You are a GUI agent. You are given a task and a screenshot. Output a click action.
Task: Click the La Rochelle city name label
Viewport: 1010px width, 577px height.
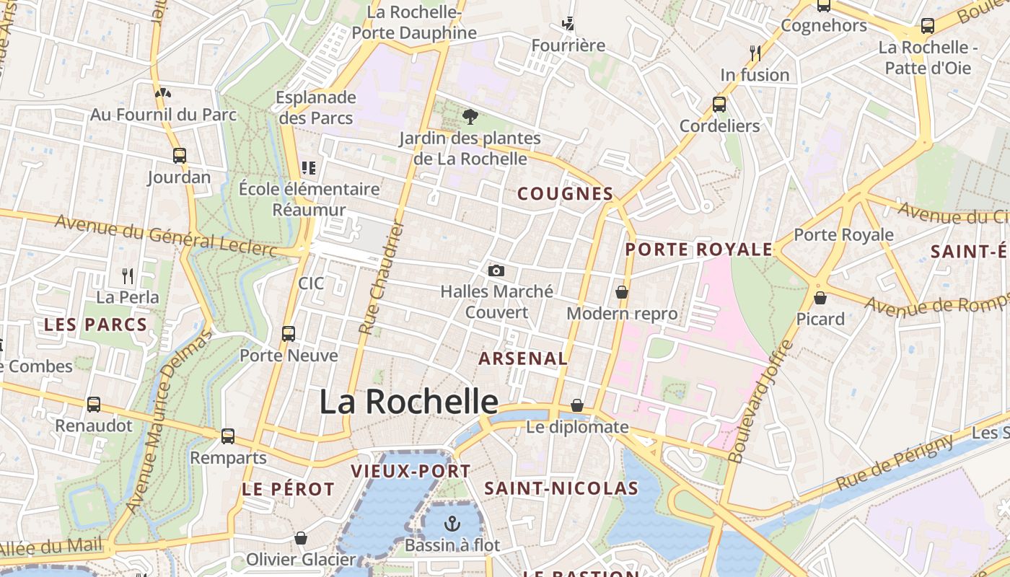pos(408,402)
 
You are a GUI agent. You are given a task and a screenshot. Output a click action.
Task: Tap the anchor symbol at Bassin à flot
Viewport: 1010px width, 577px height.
pos(452,523)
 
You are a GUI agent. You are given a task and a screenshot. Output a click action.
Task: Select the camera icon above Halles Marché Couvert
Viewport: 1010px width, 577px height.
pos(496,270)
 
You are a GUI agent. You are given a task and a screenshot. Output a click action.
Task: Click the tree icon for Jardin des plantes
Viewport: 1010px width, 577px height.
pos(470,116)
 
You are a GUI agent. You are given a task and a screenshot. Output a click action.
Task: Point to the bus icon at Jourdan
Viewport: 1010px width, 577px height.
pos(179,155)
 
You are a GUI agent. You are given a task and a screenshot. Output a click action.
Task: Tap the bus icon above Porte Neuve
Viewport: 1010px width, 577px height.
pos(289,333)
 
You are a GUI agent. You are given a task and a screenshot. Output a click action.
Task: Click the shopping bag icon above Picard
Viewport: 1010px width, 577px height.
pos(820,297)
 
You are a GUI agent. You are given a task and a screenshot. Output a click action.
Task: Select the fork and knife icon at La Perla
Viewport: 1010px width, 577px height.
pos(128,276)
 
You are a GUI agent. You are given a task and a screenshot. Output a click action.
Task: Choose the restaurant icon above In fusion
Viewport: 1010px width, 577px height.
pos(755,53)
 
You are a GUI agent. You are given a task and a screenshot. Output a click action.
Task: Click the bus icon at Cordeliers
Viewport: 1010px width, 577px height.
pos(719,104)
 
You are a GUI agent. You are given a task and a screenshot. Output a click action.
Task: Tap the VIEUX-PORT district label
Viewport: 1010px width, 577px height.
pos(410,472)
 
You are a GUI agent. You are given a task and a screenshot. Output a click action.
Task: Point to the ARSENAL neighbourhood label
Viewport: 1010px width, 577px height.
pos(523,358)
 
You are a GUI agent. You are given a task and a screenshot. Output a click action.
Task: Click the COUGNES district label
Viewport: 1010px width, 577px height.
pos(566,193)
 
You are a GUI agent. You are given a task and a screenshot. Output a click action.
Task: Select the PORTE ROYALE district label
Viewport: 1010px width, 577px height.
pos(698,250)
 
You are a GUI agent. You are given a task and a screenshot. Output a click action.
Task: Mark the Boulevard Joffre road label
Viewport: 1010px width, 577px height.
pos(760,401)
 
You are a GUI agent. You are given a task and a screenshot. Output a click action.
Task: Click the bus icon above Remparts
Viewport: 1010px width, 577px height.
pos(228,436)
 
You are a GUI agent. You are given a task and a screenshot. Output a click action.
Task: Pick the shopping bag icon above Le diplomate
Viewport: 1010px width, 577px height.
pos(577,405)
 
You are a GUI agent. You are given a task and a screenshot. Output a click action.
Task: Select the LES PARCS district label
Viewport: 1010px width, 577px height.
pos(95,325)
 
